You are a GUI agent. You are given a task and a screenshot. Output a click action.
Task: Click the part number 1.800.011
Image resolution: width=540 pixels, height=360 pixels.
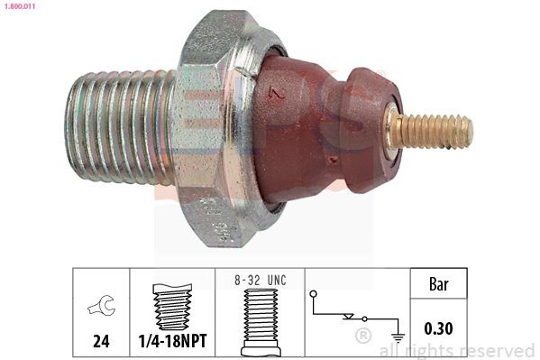pyautogui.click(x=19, y=6)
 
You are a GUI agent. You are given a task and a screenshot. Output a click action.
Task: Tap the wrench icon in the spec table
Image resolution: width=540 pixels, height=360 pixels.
pyautogui.click(x=101, y=308)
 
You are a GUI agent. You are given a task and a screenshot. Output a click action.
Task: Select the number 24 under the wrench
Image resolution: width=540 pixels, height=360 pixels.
pyautogui.click(x=101, y=342)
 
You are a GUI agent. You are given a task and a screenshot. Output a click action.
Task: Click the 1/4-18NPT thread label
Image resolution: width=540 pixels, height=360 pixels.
pyautogui.click(x=172, y=342)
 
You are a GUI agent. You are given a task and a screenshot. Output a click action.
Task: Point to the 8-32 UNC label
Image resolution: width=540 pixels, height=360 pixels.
pyautogui.click(x=260, y=281)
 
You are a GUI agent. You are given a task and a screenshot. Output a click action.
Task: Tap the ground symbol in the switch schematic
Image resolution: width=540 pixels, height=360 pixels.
pyautogui.click(x=397, y=335)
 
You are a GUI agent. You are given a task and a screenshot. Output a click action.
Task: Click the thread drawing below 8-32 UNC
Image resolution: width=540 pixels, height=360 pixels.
pyautogui.click(x=260, y=320)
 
